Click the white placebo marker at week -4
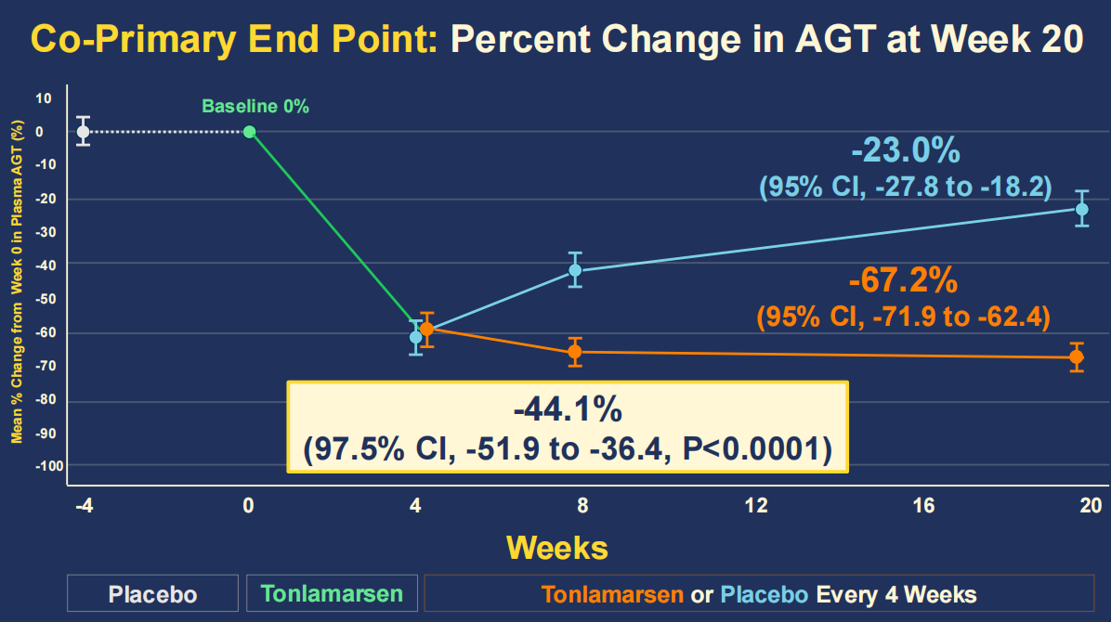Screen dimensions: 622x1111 83,131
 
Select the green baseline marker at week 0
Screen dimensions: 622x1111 249,131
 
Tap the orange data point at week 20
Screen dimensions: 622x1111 1077,357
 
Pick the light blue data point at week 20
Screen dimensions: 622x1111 1081,209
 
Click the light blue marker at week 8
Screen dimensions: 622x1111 575,270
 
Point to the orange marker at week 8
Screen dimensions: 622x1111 575,352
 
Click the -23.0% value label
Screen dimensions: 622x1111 906,149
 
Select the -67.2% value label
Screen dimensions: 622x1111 903,279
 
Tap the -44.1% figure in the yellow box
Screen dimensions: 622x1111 568,409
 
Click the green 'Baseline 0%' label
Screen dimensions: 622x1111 255,106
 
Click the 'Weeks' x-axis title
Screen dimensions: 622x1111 557,547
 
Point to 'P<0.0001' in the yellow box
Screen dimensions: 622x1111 755,449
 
